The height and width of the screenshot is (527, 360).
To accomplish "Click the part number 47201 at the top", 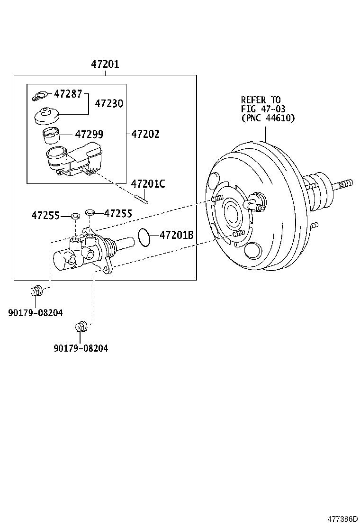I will point(105,64).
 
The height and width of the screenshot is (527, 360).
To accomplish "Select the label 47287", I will point(68,93).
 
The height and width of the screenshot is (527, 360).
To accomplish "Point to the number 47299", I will point(89,134).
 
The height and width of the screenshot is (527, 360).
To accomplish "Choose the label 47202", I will point(145,134).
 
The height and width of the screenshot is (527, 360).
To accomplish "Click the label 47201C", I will point(148,184).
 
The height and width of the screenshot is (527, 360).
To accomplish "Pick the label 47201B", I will point(176,235).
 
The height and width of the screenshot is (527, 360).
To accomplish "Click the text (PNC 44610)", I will point(268,118).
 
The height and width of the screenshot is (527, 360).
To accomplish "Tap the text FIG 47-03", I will point(263,109).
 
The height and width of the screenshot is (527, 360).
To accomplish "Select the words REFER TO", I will point(261,100).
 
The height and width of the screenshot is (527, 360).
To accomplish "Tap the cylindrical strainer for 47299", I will point(51,136).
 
